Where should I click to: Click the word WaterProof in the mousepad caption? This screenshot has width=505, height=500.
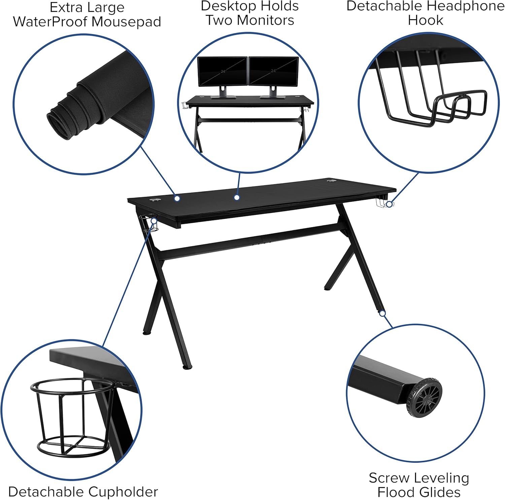[x=50, y=22]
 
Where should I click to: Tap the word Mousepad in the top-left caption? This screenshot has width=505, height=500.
[x=127, y=22]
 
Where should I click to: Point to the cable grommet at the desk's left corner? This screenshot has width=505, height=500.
[x=155, y=200]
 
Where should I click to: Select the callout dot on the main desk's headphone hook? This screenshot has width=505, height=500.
[x=389, y=204]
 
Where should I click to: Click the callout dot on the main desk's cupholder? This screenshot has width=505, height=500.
[x=154, y=221]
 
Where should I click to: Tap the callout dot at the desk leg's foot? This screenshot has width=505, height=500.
[x=382, y=313]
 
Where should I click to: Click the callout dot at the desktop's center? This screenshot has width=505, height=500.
[x=237, y=198]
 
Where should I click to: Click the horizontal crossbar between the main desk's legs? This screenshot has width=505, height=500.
[x=249, y=240]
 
